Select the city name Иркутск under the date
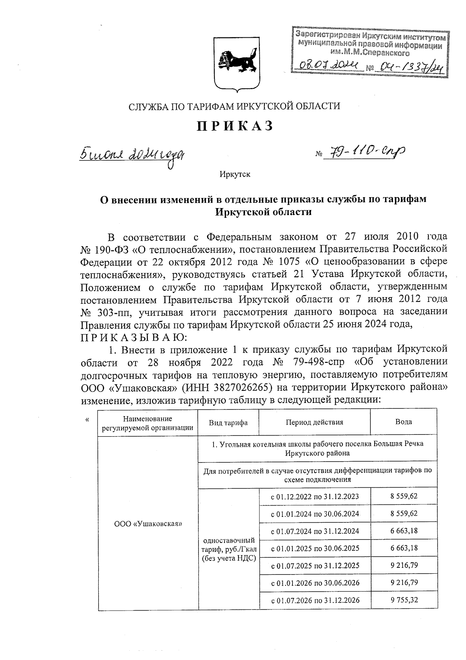235,174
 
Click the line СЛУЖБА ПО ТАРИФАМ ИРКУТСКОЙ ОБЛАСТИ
235,106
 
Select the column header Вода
403,422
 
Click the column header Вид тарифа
228,423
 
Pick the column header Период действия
315,422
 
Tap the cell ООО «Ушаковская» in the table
148,524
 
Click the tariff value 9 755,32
404,600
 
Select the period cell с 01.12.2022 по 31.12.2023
315,497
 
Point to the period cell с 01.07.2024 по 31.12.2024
315,531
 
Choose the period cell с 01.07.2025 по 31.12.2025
315,565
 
